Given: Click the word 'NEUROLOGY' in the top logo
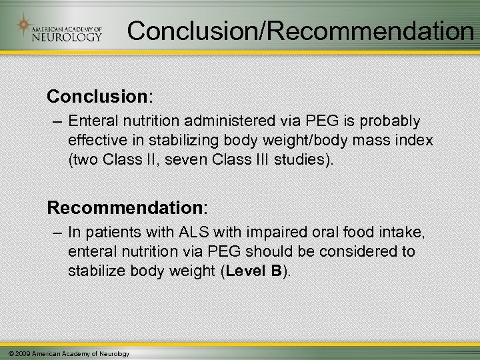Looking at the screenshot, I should coord(67,36).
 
